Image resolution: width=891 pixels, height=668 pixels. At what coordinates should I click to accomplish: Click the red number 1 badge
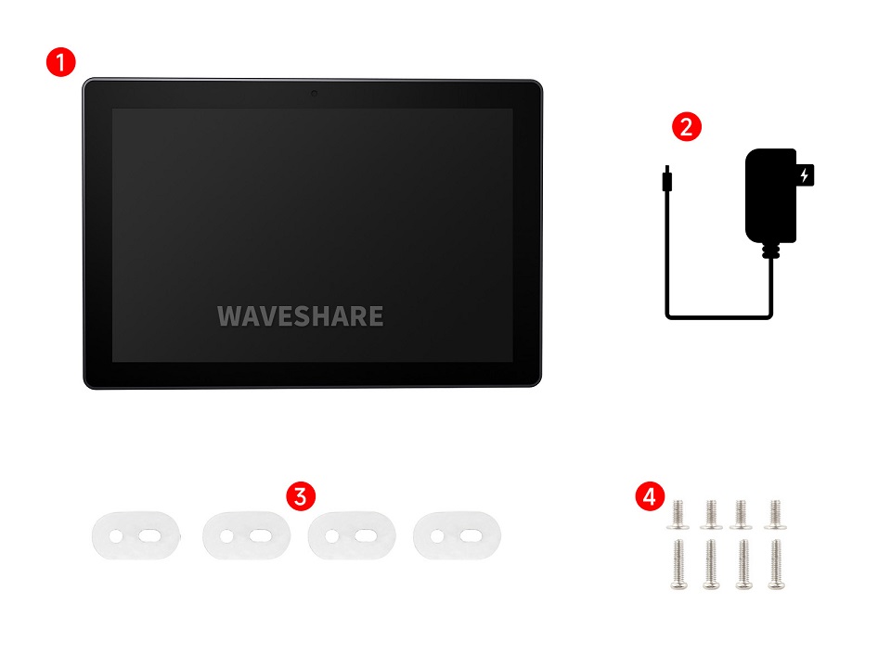[60, 63]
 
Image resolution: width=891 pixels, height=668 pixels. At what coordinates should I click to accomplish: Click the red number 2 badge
[686, 126]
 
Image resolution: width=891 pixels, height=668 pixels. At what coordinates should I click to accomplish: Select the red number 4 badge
[649, 495]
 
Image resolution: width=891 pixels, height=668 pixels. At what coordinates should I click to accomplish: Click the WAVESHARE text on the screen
[300, 316]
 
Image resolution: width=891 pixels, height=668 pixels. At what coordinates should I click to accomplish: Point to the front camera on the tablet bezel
[314, 93]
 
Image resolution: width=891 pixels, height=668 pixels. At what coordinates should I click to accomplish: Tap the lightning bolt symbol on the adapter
[804, 175]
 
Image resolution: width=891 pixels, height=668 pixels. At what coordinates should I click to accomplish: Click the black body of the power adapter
[769, 195]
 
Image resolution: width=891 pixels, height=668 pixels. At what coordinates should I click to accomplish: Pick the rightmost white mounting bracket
[457, 536]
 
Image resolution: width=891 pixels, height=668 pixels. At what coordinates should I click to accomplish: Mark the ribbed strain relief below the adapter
[768, 250]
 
